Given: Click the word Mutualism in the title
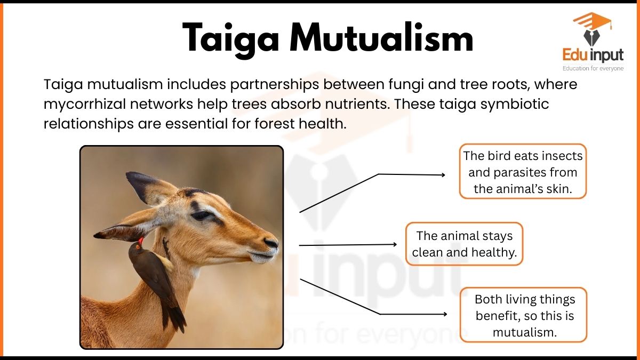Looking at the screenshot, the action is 382,37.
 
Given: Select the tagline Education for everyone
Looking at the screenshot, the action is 593,69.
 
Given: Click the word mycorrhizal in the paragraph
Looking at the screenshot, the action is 85,105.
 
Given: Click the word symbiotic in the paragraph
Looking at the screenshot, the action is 515,105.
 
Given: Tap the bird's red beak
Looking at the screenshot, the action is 141,241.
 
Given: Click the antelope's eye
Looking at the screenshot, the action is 202,215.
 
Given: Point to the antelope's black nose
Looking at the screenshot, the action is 271,243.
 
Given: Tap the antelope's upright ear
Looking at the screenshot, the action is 151,188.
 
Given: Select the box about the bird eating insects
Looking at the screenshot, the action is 523,171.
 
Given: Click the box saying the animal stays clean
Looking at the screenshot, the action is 465,244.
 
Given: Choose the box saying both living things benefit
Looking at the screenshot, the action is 523,315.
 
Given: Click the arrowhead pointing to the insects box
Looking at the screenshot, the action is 443,175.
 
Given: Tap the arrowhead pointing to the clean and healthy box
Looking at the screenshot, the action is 395,244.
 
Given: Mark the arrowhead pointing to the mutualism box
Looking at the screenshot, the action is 445,314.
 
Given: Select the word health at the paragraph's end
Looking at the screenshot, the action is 323,124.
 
